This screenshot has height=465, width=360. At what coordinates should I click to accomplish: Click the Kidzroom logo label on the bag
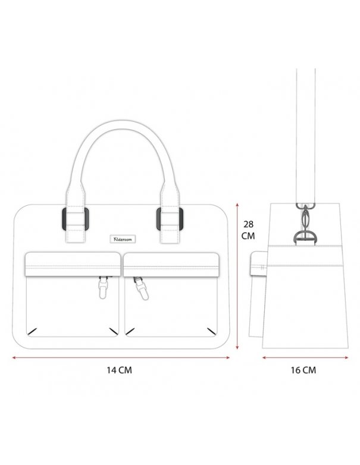coord(122,239)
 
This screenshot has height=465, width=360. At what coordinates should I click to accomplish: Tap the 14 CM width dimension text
coord(120,370)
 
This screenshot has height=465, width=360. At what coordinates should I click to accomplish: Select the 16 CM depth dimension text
coord(303,370)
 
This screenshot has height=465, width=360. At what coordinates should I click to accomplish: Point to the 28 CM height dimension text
coord(248,230)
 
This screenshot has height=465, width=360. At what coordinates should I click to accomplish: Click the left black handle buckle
coord(76,219)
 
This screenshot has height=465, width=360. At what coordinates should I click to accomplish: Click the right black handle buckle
coord(170,219)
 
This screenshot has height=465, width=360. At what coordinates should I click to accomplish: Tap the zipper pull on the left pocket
coord(102,287)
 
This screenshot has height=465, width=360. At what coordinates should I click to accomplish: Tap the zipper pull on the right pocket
coord(140,288)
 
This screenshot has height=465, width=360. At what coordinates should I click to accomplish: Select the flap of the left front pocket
coord(73,264)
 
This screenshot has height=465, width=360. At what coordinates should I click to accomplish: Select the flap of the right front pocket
coord(171,265)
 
